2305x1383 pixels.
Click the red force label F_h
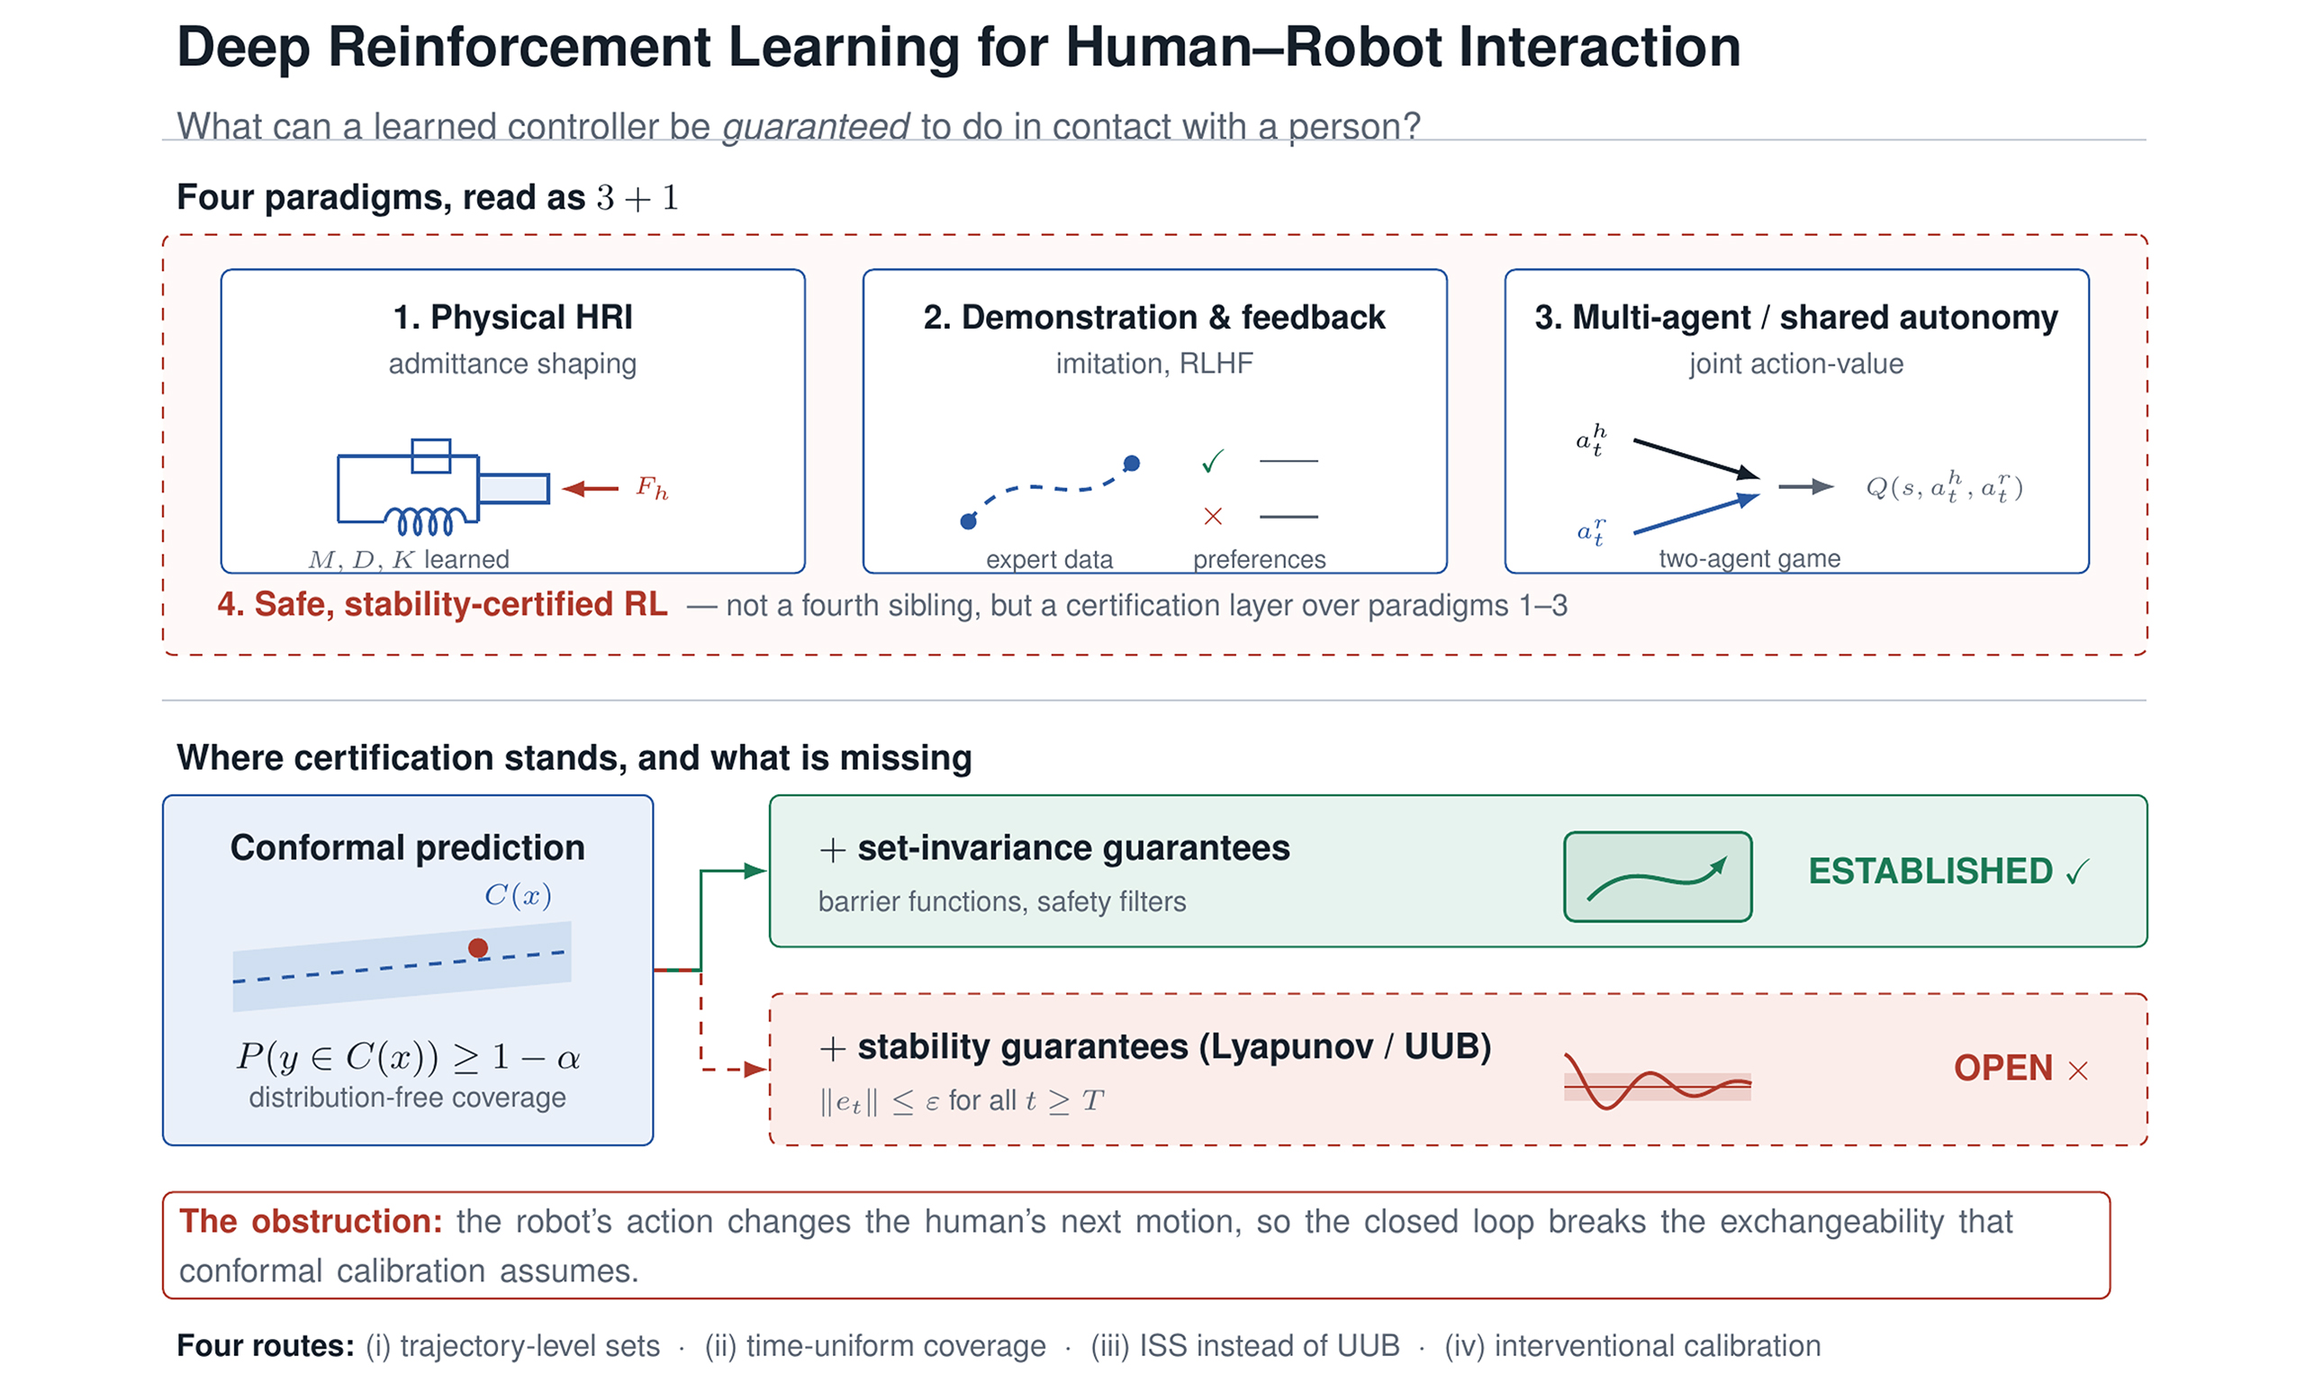coord(651,487)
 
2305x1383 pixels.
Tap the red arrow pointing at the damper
coord(591,488)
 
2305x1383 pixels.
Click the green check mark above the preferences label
coord(1213,461)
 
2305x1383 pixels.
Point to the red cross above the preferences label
coord(1213,516)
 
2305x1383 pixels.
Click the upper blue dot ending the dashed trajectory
coord(1131,463)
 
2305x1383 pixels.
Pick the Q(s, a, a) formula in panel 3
coord(1944,485)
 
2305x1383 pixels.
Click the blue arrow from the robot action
coord(1696,513)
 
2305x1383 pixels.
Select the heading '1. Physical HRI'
coord(512,317)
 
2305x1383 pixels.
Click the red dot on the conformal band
coord(478,948)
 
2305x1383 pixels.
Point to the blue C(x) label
coord(518,896)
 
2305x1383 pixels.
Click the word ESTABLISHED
coord(1930,872)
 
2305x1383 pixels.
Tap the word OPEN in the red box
coord(2003,1068)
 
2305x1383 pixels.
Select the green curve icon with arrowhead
coord(1658,878)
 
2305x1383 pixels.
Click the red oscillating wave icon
coord(1658,1081)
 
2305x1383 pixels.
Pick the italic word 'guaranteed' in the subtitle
coord(816,126)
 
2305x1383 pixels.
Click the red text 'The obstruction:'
coord(311,1221)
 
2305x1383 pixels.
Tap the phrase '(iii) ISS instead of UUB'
coord(1244,1346)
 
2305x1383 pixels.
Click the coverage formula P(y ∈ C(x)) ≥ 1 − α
coord(408,1057)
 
